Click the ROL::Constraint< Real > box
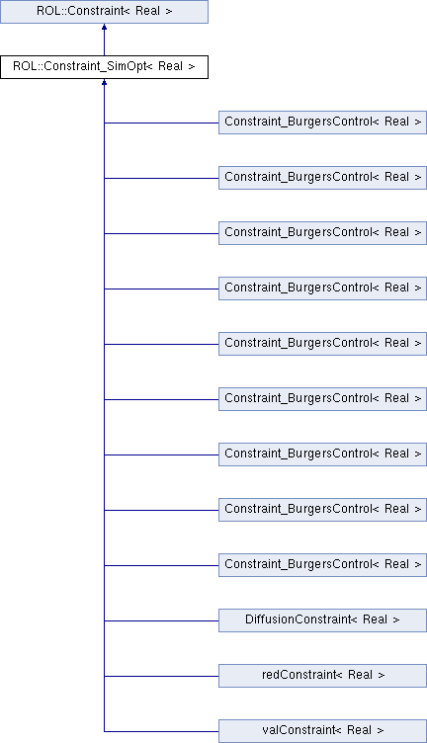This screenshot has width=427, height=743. (104, 12)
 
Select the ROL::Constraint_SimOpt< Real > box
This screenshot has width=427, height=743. (104, 67)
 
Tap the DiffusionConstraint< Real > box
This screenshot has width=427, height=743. (322, 620)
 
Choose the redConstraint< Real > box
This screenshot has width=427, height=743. (322, 676)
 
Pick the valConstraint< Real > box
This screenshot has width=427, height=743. (322, 731)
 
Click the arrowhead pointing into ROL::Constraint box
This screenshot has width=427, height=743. (104, 27)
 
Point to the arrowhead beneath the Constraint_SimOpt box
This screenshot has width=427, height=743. (104, 82)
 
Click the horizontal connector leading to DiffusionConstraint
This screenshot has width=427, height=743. (161, 620)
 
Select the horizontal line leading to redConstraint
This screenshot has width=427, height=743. (161, 676)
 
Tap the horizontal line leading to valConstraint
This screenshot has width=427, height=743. (161, 731)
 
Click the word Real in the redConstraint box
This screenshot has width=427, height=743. (360, 675)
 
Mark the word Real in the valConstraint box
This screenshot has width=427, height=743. (359, 730)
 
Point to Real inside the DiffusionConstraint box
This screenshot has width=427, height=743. (375, 619)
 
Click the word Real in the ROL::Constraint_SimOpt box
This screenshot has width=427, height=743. (170, 66)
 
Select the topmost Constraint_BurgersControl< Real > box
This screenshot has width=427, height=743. (322, 123)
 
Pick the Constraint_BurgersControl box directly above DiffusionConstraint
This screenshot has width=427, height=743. (322, 565)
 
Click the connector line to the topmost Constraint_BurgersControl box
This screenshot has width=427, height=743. (161, 124)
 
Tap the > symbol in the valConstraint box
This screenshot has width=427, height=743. (381, 731)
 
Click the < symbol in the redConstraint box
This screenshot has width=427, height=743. (339, 675)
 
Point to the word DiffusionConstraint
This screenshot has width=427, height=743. (299, 619)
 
